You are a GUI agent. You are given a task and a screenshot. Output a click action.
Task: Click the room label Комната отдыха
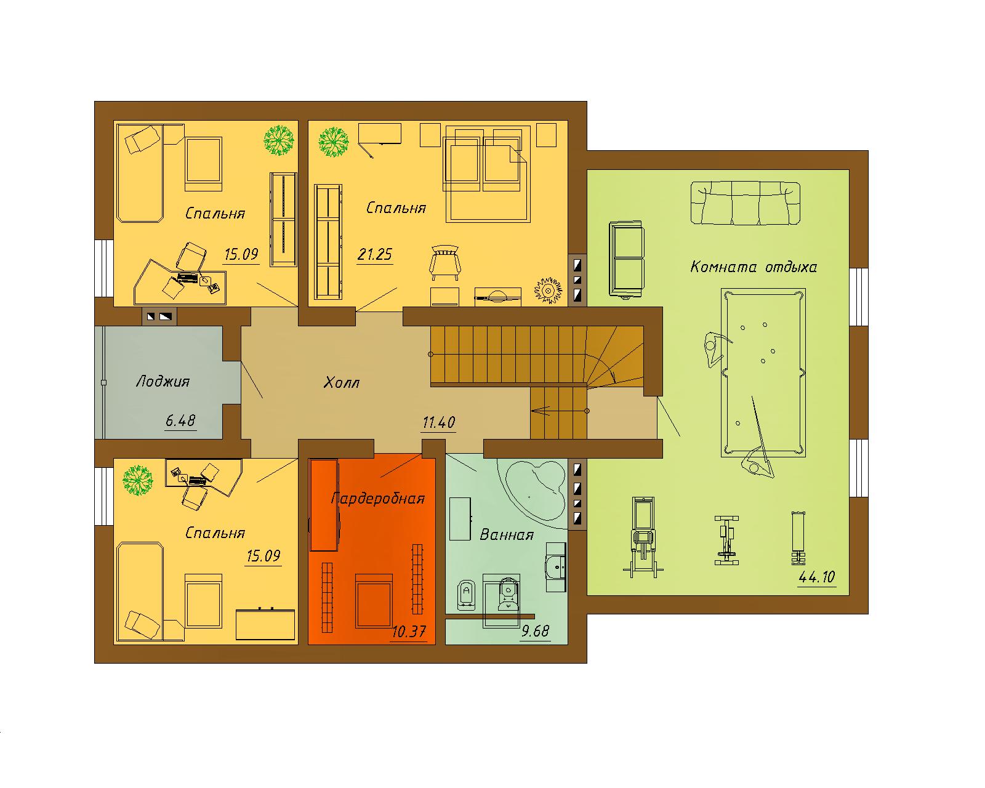(754, 267)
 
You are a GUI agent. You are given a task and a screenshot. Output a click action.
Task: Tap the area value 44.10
(817, 577)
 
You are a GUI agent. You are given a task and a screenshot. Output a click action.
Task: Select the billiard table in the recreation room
(763, 372)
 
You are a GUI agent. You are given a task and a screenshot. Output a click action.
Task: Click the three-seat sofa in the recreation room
(745, 203)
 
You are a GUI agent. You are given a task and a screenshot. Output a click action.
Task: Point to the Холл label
(342, 382)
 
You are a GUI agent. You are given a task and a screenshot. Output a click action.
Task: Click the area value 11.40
(439, 422)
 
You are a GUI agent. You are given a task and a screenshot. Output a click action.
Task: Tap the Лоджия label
(163, 382)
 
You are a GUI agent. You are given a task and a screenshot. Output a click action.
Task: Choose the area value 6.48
(180, 420)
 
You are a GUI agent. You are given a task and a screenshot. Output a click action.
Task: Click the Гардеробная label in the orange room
(378, 498)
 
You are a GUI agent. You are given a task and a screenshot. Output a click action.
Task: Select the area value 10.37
(409, 632)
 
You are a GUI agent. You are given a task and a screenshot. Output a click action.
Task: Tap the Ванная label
(507, 535)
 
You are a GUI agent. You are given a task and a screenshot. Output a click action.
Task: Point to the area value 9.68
(535, 631)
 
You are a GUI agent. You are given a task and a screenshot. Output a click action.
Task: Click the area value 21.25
(374, 254)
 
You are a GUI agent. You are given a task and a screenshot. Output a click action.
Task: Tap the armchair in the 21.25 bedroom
(444, 262)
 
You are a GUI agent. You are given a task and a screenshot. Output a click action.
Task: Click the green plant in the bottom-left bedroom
(137, 480)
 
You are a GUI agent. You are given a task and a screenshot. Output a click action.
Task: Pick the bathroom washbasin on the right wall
(556, 568)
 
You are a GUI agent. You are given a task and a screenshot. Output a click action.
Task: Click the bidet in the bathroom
(467, 595)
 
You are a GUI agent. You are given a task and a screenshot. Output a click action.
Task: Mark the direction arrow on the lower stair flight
(559, 411)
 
